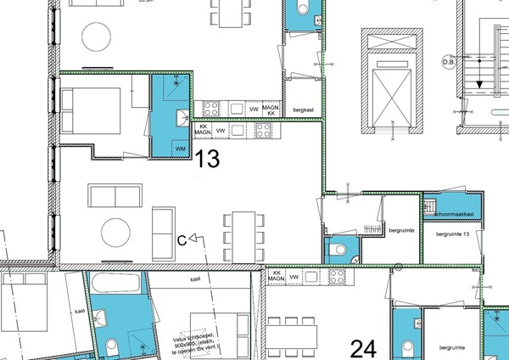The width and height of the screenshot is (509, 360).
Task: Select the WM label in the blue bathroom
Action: tap(180, 149)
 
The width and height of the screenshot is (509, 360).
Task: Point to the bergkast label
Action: tap(304, 110)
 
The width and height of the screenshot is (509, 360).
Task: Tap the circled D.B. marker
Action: tap(448, 62)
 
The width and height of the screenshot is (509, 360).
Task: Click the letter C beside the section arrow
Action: tap(182, 240)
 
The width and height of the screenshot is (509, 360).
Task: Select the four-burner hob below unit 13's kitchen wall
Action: tap(263, 131)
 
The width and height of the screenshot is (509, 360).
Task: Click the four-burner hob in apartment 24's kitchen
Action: tap(337, 276)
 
